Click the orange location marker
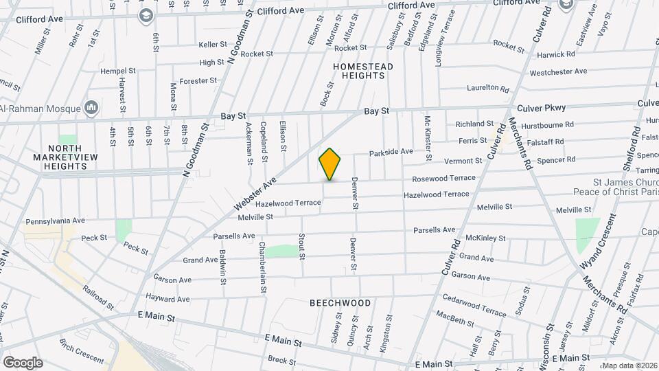(x=330, y=164)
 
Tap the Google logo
(x=23, y=362)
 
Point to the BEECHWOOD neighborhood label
(x=340, y=303)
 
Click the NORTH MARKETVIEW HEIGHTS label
(x=67, y=153)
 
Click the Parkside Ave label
(x=391, y=151)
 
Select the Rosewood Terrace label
(x=443, y=178)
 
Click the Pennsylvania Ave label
(x=55, y=221)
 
